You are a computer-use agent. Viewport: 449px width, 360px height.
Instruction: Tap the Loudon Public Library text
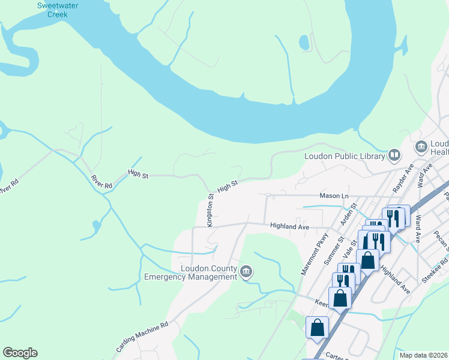[x=344, y=157]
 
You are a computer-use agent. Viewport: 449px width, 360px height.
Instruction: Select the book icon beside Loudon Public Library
[x=394, y=156]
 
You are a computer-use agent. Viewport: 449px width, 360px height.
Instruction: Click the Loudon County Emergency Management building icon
[x=246, y=272]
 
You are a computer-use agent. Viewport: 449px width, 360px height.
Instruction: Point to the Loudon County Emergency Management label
[x=191, y=272]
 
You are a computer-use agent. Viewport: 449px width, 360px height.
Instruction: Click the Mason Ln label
[x=334, y=196]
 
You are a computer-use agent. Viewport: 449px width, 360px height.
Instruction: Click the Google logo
[x=20, y=353]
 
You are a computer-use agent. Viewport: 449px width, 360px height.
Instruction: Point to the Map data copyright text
[x=423, y=355]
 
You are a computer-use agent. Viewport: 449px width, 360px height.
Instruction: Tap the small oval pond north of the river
[x=304, y=43]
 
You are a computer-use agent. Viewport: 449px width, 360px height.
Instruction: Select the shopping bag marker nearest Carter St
[x=317, y=327]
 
